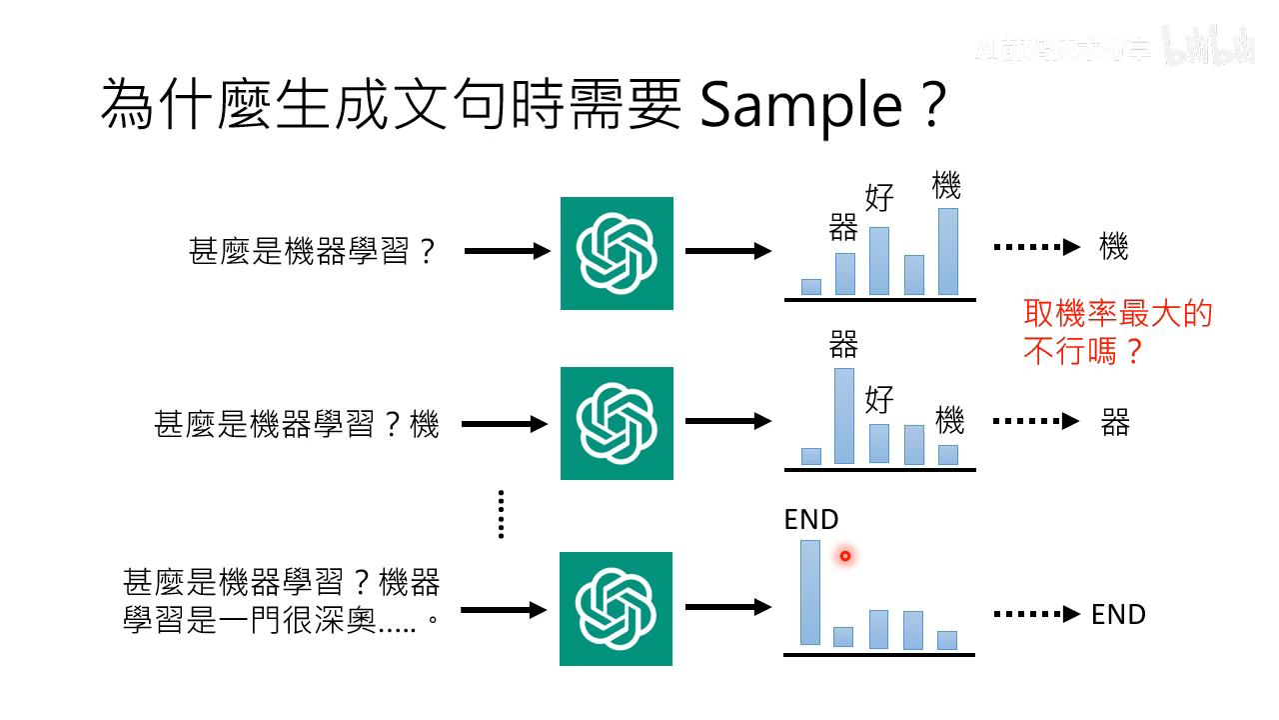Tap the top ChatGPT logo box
click(x=617, y=253)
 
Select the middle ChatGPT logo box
click(x=617, y=423)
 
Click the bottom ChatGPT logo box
click(x=617, y=608)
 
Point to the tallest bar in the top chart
click(x=947, y=251)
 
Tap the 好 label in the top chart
click(x=879, y=197)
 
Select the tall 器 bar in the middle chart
click(x=844, y=416)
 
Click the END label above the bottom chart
click(x=811, y=520)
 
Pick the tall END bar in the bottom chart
click(x=810, y=592)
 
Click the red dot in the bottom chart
click(x=845, y=556)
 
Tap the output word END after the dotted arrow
click(x=1118, y=614)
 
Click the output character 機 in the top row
click(x=1113, y=247)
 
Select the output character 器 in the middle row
click(x=1115, y=423)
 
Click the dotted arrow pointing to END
click(x=1036, y=614)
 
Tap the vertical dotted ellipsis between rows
click(x=501, y=514)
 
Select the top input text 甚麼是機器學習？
click(x=313, y=252)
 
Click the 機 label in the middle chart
click(x=949, y=420)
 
